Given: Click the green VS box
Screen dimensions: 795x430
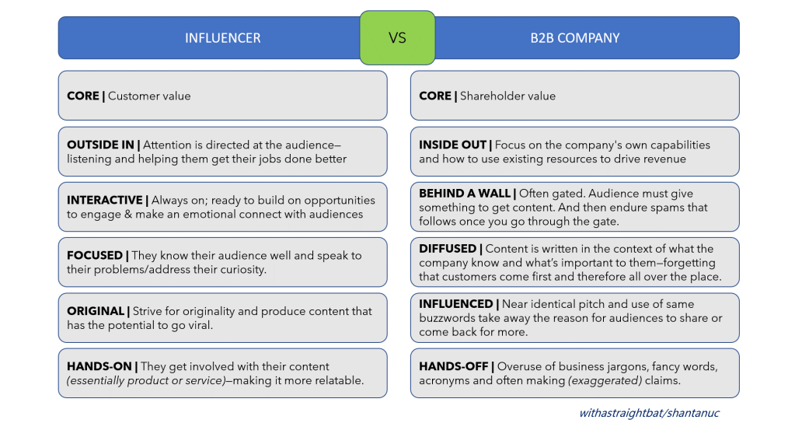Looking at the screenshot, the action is coord(398,38).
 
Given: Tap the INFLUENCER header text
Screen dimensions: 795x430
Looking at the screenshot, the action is coord(222,38).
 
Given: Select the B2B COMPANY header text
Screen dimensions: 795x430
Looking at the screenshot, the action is coord(575,38).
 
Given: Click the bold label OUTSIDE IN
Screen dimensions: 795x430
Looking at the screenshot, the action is coord(100,145).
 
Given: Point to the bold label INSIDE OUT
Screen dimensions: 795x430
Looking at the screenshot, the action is coord(453,145).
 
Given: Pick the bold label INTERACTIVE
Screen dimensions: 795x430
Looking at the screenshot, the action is coord(105,201).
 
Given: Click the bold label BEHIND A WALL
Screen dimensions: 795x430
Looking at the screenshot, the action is coord(465,194).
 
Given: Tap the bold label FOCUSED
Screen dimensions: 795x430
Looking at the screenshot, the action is coord(95,256).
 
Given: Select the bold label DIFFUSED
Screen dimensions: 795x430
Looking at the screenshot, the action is coord(448,249).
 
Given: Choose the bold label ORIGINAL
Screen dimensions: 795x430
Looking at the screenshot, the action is coord(96,311).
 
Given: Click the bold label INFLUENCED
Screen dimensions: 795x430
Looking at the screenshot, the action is coord(456,304).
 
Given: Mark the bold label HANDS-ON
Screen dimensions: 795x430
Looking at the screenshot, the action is coord(99,366).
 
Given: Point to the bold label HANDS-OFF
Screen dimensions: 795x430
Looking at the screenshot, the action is coord(454,366).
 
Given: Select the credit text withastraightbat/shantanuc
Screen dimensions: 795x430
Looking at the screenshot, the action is coord(649,413).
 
